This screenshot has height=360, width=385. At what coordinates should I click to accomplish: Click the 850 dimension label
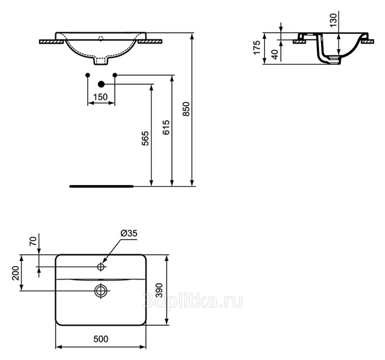[186, 109]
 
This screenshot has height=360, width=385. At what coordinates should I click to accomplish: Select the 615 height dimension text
[166, 128]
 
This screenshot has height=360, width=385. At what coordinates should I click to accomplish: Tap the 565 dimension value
[145, 139]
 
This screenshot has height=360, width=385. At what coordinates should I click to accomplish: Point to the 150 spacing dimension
[101, 97]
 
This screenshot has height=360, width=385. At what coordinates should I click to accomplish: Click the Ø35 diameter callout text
[129, 233]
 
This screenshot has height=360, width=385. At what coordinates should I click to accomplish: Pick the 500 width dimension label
[101, 339]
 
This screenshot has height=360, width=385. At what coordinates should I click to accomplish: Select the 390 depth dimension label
[159, 290]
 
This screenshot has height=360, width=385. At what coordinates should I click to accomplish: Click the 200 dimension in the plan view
[16, 273]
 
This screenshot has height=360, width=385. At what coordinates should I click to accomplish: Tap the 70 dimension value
[33, 241]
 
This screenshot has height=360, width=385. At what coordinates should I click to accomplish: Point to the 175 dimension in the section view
[257, 48]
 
